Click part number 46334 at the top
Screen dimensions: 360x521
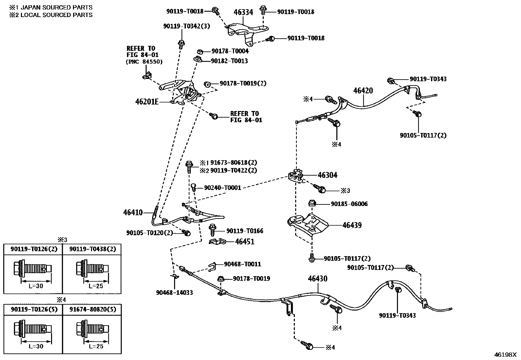243,12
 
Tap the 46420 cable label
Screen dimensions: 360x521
363,91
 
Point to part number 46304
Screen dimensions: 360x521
327,175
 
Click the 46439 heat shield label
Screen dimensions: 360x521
352,225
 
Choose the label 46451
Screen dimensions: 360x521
244,242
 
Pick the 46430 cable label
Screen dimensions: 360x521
317,279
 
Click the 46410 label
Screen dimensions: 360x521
133,213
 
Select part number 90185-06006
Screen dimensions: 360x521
349,204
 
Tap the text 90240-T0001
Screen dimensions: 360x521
223,188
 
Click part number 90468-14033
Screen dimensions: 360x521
174,293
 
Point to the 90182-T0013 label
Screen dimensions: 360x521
229,61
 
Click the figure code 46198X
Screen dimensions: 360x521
505,354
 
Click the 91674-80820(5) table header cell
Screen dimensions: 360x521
92,309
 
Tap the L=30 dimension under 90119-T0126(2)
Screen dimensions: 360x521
36,286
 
